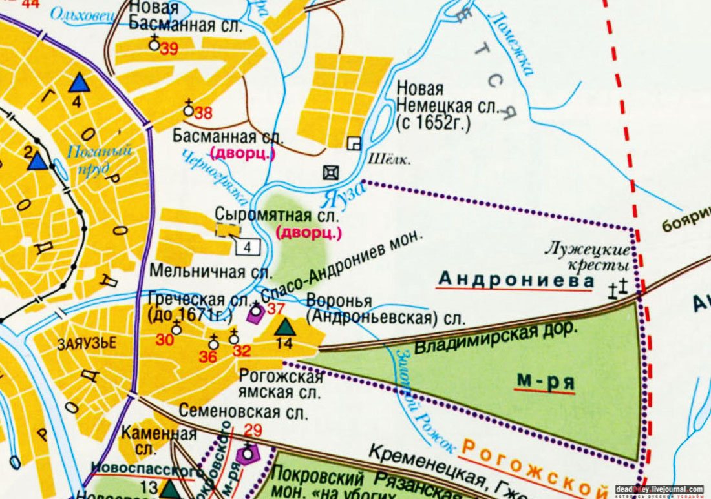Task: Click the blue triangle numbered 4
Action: click(79, 83)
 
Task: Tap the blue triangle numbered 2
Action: click(37, 161)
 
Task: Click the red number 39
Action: click(169, 51)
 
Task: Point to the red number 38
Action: click(203, 114)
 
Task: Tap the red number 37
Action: click(276, 309)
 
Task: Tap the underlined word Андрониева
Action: click(515, 280)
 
